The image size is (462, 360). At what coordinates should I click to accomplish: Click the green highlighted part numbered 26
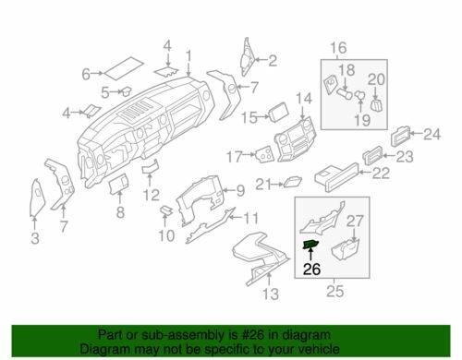click(310, 245)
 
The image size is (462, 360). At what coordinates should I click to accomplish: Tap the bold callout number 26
click(312, 270)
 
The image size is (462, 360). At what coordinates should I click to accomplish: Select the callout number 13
click(271, 294)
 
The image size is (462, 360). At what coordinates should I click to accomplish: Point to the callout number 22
click(381, 174)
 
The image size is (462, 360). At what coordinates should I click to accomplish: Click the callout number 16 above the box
click(338, 48)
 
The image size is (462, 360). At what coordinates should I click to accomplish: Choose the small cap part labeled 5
click(126, 91)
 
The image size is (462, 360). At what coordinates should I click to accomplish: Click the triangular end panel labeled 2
click(247, 56)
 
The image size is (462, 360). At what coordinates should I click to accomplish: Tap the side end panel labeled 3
click(37, 197)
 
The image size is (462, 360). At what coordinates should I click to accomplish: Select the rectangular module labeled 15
click(279, 113)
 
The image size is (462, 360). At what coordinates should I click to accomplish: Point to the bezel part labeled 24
click(400, 137)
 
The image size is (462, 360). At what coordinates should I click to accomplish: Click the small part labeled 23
click(372, 155)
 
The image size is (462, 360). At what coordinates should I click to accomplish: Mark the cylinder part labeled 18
click(345, 93)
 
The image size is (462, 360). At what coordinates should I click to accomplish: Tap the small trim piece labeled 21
click(292, 182)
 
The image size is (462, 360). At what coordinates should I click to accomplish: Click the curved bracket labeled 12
click(151, 166)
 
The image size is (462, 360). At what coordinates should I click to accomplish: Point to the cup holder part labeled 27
click(346, 248)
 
